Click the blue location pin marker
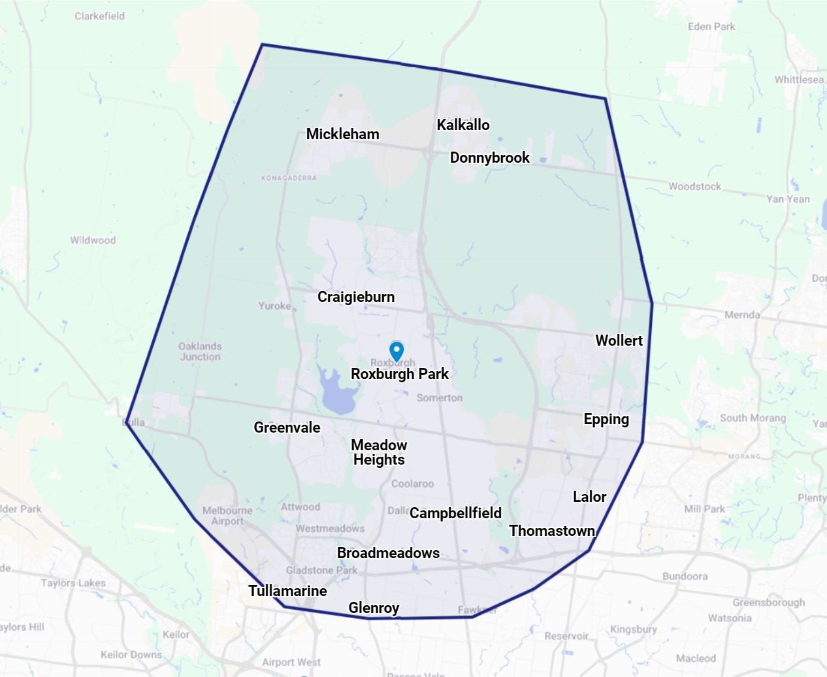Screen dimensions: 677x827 [x=397, y=350]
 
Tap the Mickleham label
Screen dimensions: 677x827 [x=342, y=134]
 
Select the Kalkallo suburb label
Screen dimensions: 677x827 [x=463, y=125]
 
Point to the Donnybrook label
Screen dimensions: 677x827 [x=490, y=157]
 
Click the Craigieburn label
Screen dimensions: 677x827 [x=356, y=297]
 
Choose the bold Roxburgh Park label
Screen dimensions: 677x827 [x=400, y=374]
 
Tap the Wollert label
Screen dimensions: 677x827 [x=619, y=340]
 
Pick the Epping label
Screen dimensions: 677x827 [x=606, y=420]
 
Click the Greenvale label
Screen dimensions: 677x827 [x=287, y=427]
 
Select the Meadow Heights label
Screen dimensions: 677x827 [x=379, y=452]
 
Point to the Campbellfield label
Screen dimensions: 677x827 [x=455, y=513]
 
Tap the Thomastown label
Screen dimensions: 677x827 [x=552, y=531]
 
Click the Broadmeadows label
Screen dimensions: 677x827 [x=388, y=553]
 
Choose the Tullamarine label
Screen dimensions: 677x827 [x=287, y=591]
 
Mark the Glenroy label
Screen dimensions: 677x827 [x=374, y=608]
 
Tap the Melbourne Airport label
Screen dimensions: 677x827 [x=227, y=516]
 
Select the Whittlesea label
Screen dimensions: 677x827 [x=799, y=80]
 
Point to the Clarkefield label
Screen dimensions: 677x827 [x=99, y=16]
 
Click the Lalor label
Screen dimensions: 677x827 [x=589, y=497]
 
